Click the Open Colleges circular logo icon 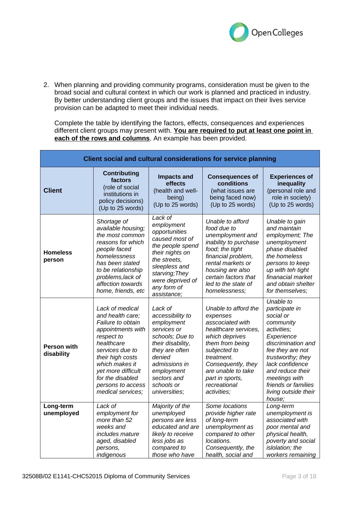[x=239, y=32]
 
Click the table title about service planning [x=180, y=159]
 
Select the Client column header [x=53, y=190]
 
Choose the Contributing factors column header [x=121, y=177]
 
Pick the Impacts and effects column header [x=175, y=180]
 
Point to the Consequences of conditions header [x=233, y=180]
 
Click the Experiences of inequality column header [x=291, y=180]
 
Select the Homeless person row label [x=58, y=256]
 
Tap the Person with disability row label [x=61, y=350]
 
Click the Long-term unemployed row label [x=61, y=410]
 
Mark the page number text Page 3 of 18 [x=299, y=476]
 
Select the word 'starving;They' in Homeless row [x=170, y=273]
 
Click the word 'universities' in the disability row [x=167, y=392]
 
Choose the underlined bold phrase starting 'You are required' [x=242, y=131]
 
